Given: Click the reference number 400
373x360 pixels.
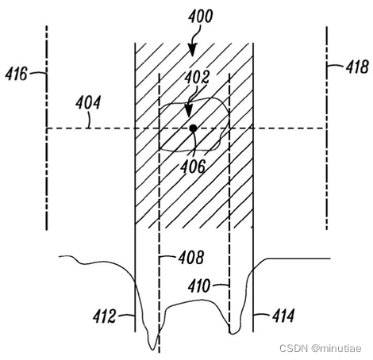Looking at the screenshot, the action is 200,16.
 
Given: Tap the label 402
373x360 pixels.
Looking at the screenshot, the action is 197,77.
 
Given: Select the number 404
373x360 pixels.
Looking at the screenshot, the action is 88,102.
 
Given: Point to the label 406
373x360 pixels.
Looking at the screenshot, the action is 193,167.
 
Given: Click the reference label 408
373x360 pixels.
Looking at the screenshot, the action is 191,257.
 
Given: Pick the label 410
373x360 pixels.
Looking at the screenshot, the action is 199,285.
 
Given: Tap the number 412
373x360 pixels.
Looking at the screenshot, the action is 104,316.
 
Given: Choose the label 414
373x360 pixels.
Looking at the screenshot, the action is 283,316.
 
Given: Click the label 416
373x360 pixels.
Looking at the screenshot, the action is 16,74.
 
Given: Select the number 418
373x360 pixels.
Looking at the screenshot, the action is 357,67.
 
